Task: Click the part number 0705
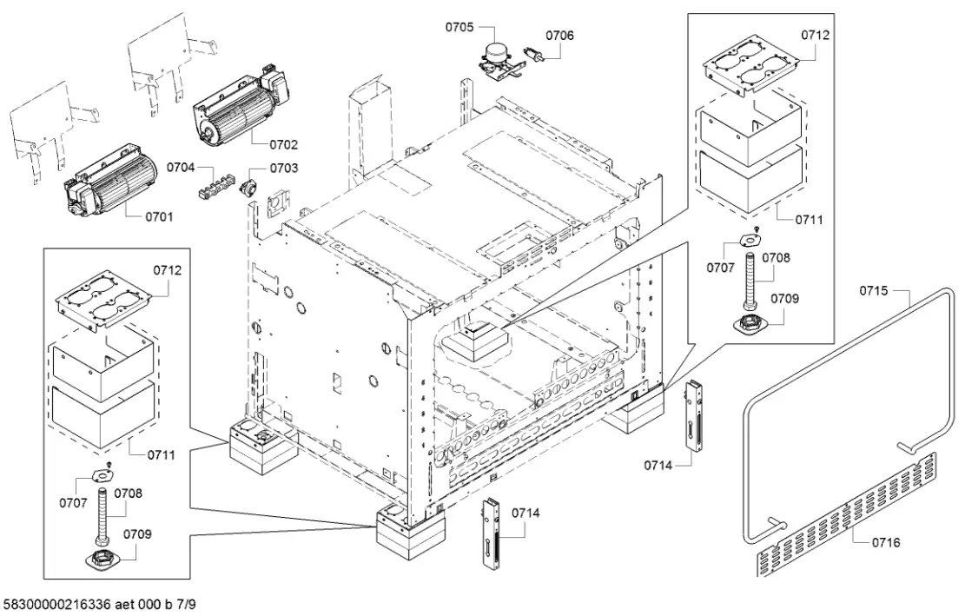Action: pos(459,28)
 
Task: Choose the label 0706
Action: pos(559,36)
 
